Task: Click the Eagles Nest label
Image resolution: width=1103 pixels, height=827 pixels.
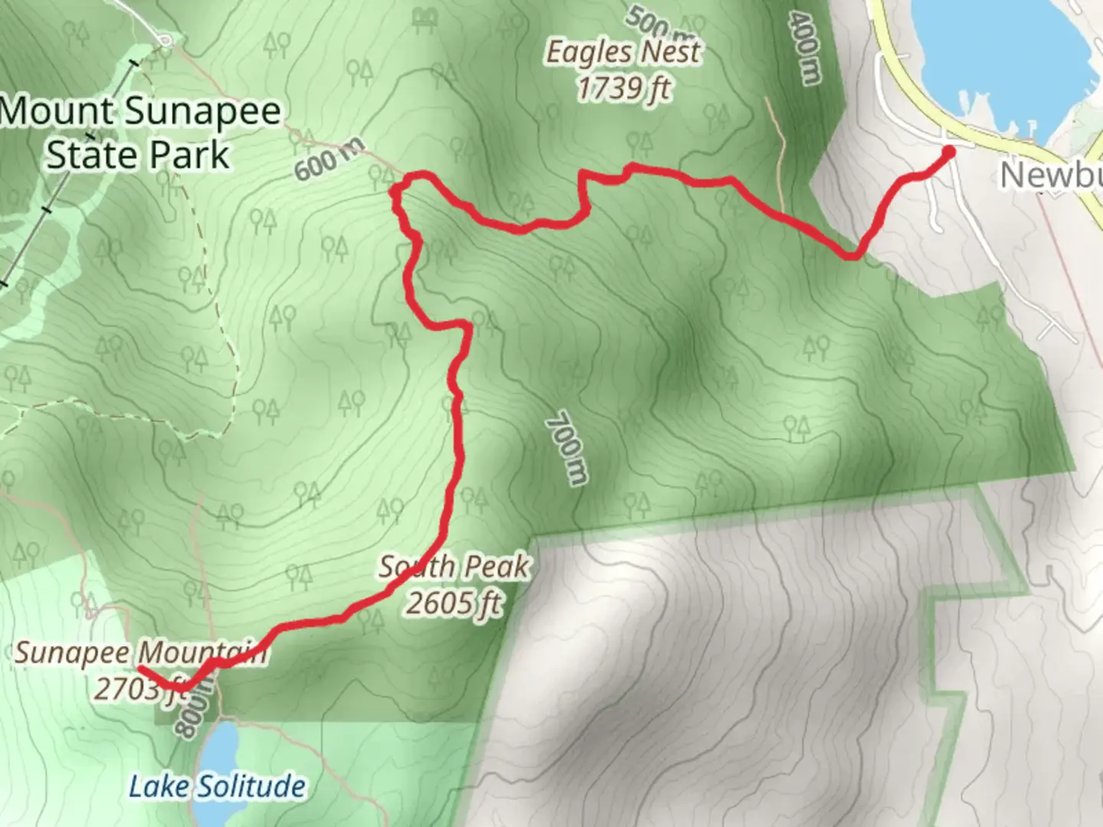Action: [x=622, y=53]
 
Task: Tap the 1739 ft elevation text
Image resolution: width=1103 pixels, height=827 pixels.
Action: [x=624, y=88]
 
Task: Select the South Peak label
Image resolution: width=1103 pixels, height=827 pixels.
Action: [x=453, y=567]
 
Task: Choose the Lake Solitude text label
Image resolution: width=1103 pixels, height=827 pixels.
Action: [x=217, y=786]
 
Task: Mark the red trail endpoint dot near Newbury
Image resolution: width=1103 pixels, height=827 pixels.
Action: [x=948, y=152]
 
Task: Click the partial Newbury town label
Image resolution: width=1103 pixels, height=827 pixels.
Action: [x=1052, y=175]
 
